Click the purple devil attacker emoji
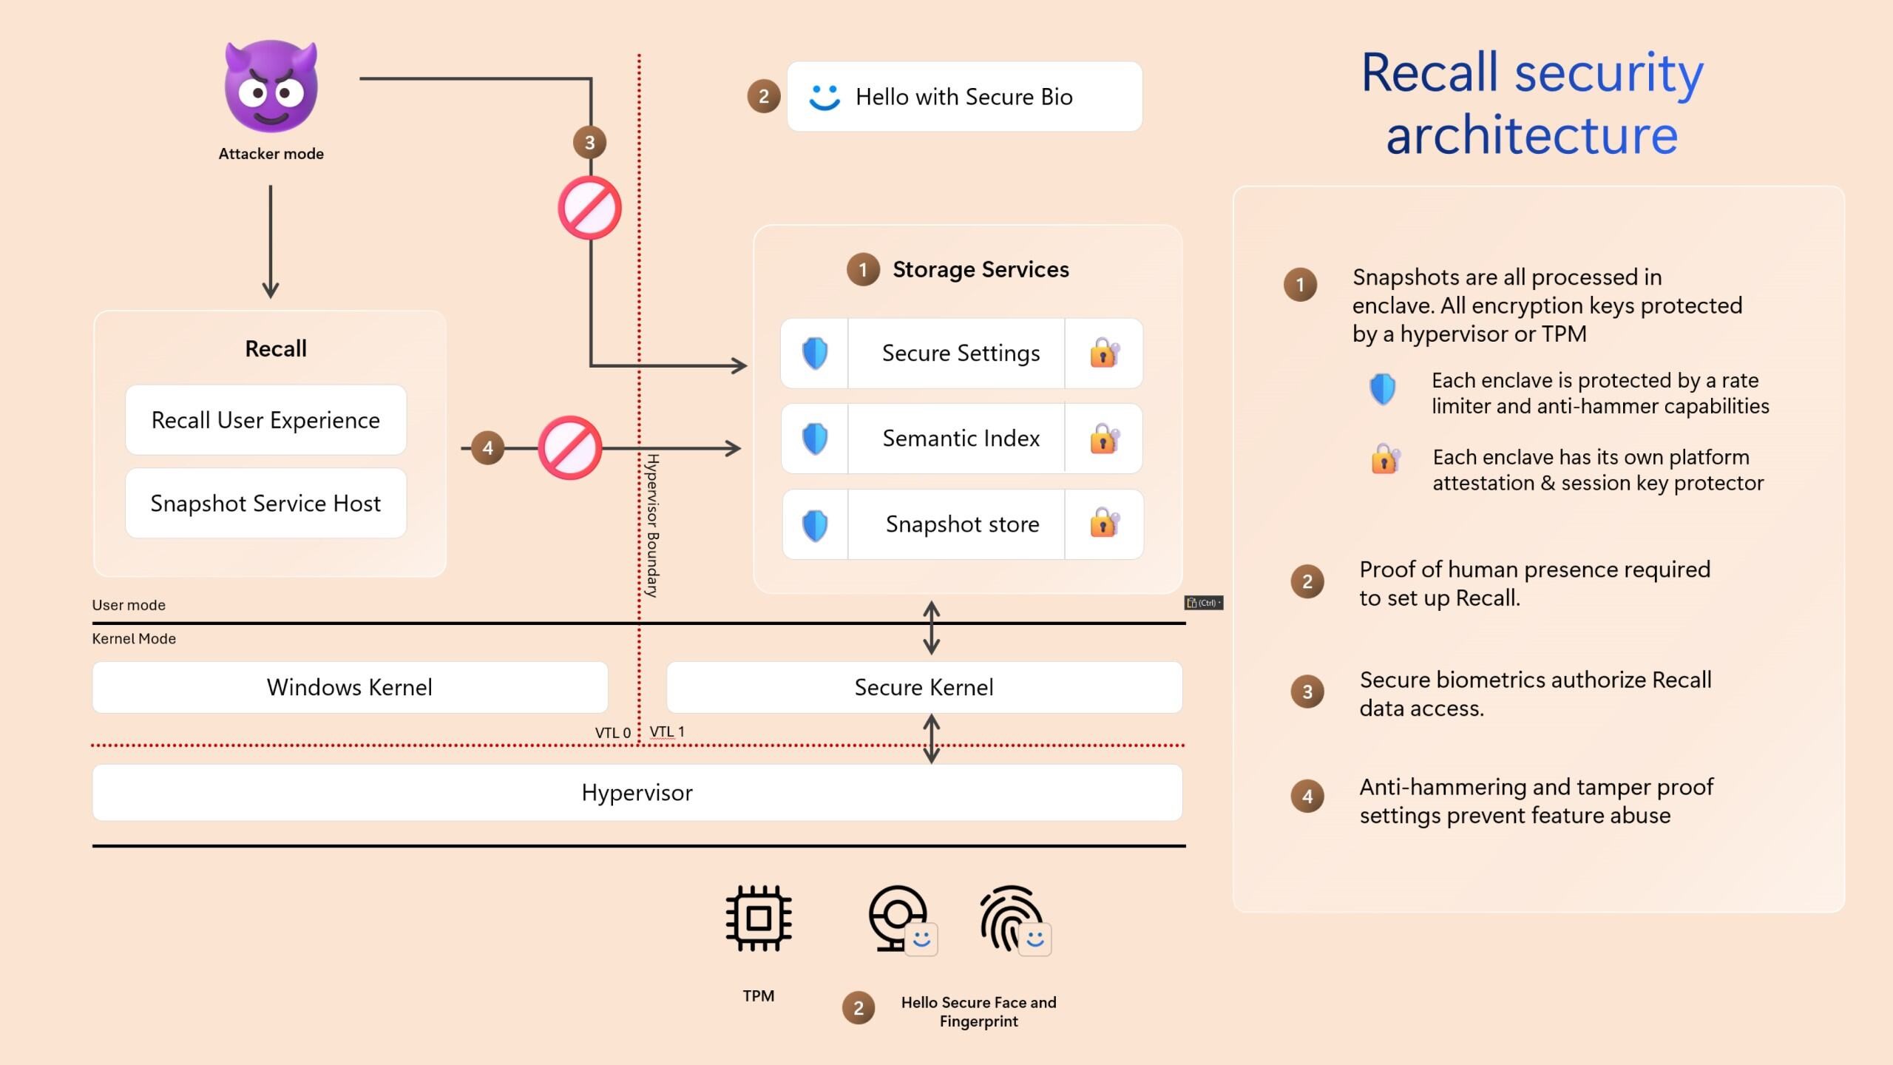tap(271, 87)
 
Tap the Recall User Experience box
tap(265, 420)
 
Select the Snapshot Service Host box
tap(265, 503)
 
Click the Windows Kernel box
tap(350, 687)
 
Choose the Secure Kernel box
tap(924, 687)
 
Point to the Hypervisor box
tap(637, 793)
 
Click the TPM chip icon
tap(759, 918)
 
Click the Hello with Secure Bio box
tap(964, 97)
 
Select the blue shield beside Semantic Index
tap(815, 439)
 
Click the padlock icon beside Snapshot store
tap(1103, 524)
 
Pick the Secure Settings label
tap(961, 354)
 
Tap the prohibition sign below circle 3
tap(589, 208)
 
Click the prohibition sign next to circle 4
tap(569, 447)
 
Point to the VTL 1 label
tap(666, 731)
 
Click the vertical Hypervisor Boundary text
tap(652, 525)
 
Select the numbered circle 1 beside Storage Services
tap(862, 269)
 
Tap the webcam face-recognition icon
tap(898, 917)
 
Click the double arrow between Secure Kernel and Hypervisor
tap(932, 738)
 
